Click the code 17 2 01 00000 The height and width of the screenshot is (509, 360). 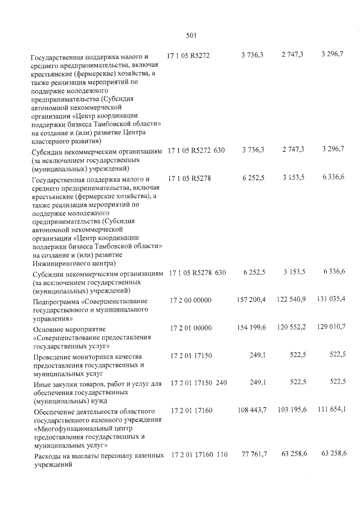[190, 328]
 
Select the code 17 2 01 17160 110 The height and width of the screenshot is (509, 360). [199, 454]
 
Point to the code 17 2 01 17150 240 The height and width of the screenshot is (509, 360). [199, 383]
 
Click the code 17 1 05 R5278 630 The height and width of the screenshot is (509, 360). [196, 273]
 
